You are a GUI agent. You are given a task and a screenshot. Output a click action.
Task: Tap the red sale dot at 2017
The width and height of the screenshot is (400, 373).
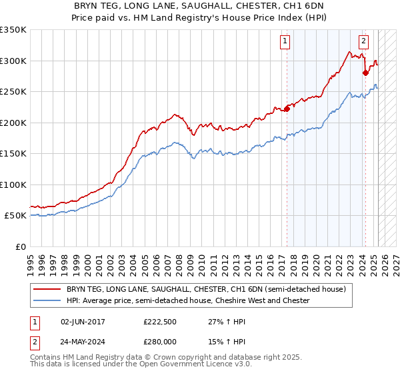(x=287, y=109)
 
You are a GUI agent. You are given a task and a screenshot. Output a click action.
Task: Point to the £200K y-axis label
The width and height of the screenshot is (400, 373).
(x=13, y=123)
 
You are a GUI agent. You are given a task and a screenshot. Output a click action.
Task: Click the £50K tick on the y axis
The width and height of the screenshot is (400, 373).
(x=16, y=216)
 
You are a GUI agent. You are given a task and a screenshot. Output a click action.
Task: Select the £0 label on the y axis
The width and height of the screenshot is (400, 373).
(x=21, y=246)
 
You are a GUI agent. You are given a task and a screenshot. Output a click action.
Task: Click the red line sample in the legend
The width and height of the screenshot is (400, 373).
(x=48, y=290)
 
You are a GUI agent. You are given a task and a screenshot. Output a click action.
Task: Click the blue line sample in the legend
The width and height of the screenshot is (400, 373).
(x=48, y=301)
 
